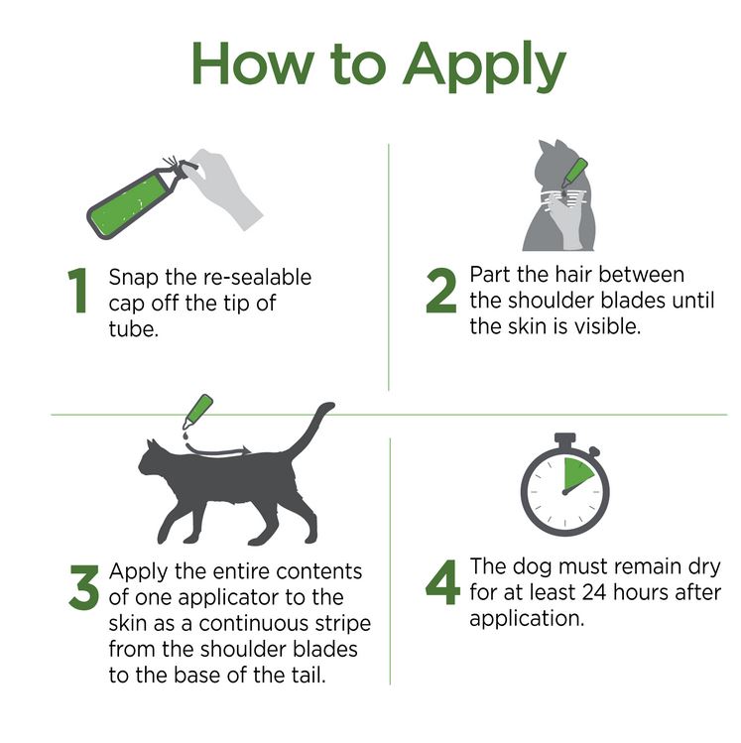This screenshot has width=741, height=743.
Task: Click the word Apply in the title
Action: point(484,66)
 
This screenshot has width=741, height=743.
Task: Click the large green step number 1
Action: point(78,291)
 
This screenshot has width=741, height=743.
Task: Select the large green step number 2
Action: point(441,290)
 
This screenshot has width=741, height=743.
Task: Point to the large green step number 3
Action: point(84,586)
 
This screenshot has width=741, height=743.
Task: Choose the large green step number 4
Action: point(442,582)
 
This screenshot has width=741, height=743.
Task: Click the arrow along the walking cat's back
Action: point(218,451)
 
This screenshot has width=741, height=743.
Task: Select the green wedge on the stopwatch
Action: point(575,475)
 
